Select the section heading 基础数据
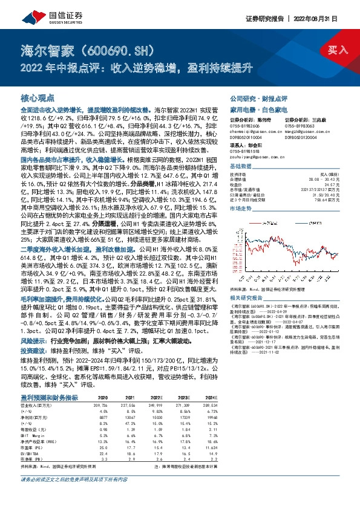(241, 166)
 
